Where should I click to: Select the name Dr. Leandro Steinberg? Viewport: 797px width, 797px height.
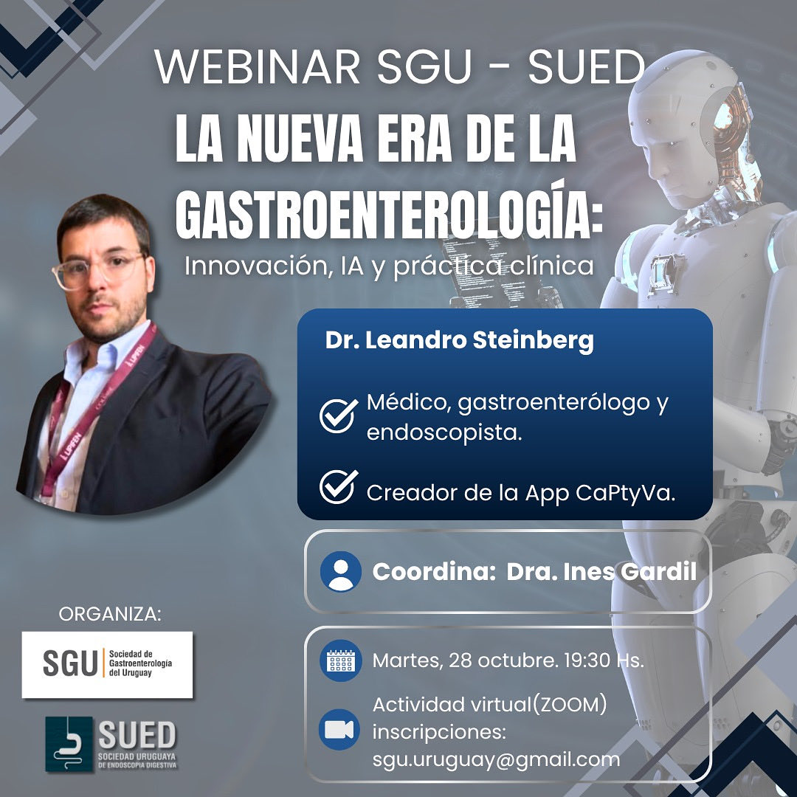tap(459, 342)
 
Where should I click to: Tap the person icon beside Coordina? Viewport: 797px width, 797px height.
tap(341, 572)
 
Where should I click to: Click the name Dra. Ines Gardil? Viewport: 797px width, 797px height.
tap(601, 572)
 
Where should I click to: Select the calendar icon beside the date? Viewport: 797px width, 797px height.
tap(341, 660)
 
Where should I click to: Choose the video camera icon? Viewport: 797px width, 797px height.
tap(341, 729)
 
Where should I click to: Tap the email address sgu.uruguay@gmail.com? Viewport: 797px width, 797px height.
tap(496, 759)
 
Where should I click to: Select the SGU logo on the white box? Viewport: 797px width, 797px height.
tap(107, 664)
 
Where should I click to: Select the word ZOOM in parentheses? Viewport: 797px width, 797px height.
tap(573, 705)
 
